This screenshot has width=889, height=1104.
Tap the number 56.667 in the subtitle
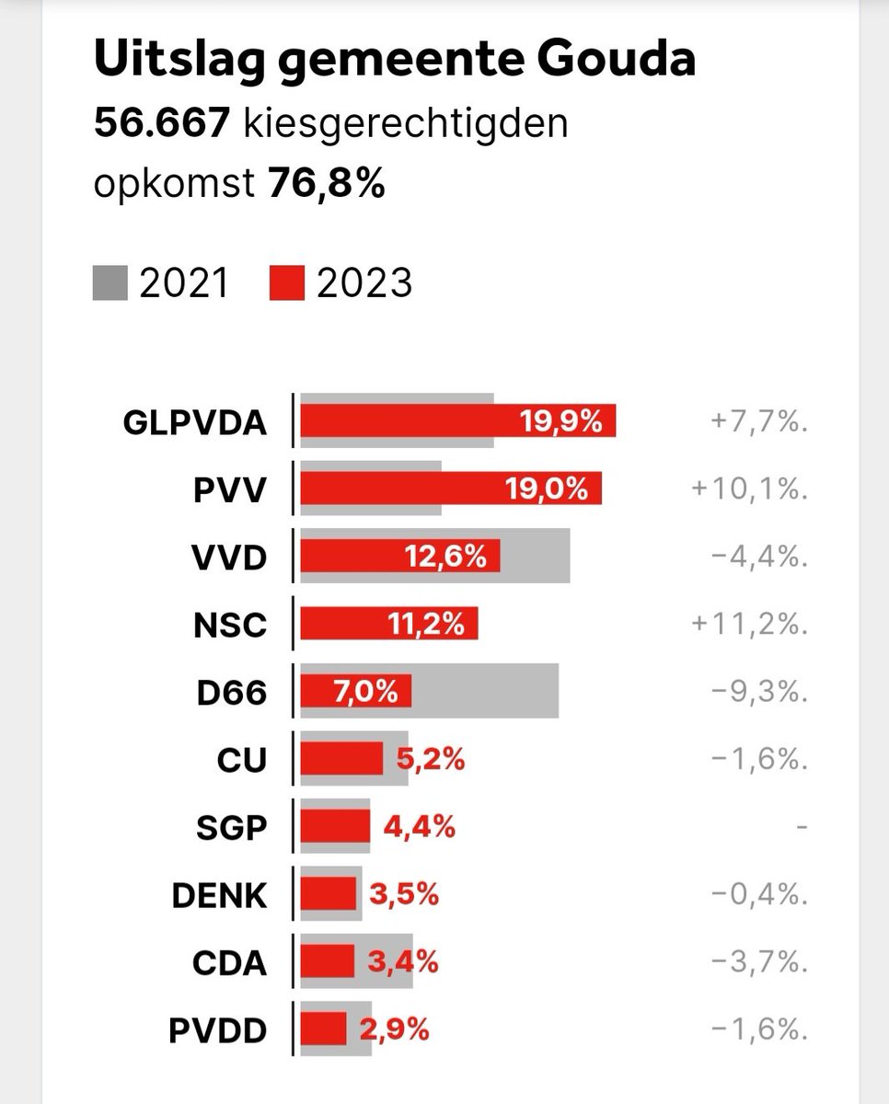pos(161,124)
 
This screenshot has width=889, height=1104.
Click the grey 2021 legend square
pos(110,283)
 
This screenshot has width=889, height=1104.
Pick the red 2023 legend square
pos(287,283)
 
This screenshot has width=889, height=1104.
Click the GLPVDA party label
pos(194,423)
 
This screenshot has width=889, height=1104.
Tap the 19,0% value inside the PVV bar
pos(547,489)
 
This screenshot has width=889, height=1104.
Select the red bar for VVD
pos(399,557)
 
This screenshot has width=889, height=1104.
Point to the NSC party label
pos(230,626)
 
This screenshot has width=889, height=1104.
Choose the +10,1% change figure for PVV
pos(749,489)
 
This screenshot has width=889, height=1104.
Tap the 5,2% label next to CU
pos(430,759)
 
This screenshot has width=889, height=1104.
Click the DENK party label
pos(219,895)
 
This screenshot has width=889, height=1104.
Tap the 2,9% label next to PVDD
pos(394,1029)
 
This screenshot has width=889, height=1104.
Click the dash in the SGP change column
pos(801,828)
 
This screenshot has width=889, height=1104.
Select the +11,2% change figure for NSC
pos(749,626)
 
